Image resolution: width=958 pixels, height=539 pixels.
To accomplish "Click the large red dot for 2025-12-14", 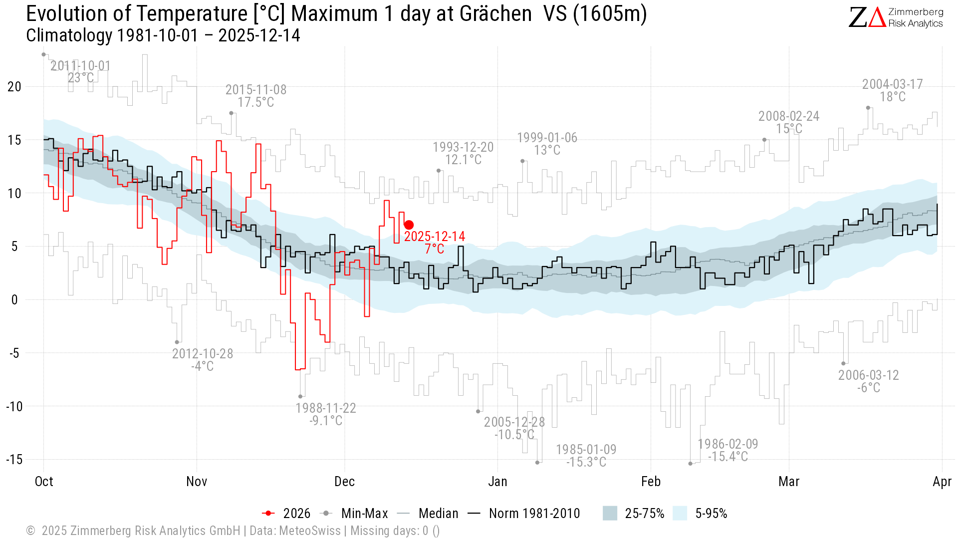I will tap(409, 225).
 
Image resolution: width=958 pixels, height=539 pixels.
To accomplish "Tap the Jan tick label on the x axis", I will tap(497, 482).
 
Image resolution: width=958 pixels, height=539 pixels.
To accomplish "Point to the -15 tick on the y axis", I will tap(14, 459).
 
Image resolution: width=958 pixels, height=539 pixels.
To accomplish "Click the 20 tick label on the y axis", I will tap(14, 86).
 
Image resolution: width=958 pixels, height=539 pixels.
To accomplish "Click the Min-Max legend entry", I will tap(355, 514).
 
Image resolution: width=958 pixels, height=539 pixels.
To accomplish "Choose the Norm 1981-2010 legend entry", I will tap(524, 514).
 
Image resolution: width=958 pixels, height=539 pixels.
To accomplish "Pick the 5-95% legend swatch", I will tap(680, 514).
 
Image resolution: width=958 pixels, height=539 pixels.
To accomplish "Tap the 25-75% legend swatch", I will tap(610, 514).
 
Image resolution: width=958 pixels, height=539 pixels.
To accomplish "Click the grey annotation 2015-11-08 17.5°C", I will tap(256, 96).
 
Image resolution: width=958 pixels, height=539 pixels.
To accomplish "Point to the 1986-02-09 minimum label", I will tap(727, 450).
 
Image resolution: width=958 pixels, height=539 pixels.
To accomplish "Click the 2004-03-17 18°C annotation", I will tap(893, 90).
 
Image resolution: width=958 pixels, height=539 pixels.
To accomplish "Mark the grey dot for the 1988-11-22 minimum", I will tap(300, 397).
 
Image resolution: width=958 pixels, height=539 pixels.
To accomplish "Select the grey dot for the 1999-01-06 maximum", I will tap(522, 161).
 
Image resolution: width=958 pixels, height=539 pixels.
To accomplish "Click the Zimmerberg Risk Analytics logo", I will tap(896, 17).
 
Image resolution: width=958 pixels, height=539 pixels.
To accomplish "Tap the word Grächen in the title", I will tap(495, 14).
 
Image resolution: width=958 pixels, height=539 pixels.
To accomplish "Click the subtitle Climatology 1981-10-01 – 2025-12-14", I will tap(163, 35).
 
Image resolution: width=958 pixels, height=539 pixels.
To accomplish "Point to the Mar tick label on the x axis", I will tap(789, 482).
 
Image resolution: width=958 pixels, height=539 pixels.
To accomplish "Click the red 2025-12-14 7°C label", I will tap(434, 243).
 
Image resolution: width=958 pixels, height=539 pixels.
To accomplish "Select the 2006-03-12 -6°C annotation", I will tap(868, 381).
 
